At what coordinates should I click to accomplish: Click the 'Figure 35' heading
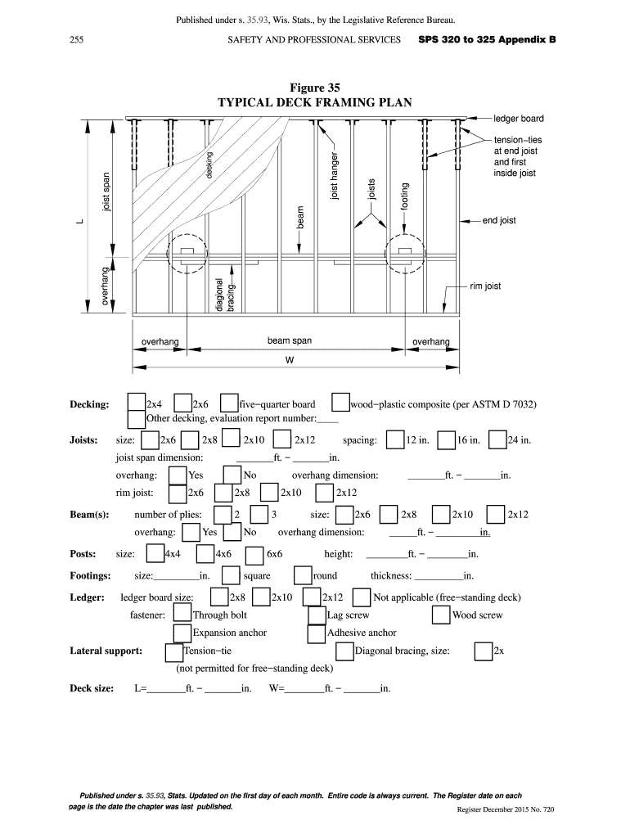pos(314,87)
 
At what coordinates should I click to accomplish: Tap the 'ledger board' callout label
pos(518,119)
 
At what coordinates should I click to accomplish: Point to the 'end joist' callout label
pos(499,221)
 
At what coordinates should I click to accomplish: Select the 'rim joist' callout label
pos(485,286)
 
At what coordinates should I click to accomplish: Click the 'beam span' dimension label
pos(289,340)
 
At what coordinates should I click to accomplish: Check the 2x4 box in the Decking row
pos(137,403)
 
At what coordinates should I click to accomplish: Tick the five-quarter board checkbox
pos(230,403)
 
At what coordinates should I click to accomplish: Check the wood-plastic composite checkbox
pos(341,403)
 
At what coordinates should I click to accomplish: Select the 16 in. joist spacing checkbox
pos(447,439)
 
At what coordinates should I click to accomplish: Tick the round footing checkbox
pos(303,575)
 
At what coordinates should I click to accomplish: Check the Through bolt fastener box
pos(182,615)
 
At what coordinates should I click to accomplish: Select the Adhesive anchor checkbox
pos(317,633)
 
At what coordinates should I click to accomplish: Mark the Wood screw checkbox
pos(442,615)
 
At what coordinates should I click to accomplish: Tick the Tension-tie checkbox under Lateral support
pos(174,651)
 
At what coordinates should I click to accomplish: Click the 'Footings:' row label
pos(90,575)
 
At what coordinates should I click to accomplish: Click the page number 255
pos(78,39)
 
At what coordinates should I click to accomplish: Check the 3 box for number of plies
pos(259,515)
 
